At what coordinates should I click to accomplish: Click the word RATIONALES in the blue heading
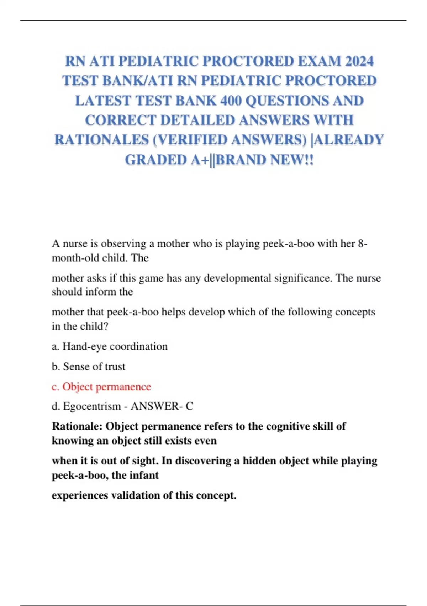click(x=101, y=140)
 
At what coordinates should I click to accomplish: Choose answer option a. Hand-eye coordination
click(x=110, y=346)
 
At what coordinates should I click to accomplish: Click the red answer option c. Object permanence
click(x=101, y=387)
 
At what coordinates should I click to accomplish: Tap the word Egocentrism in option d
click(x=92, y=406)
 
